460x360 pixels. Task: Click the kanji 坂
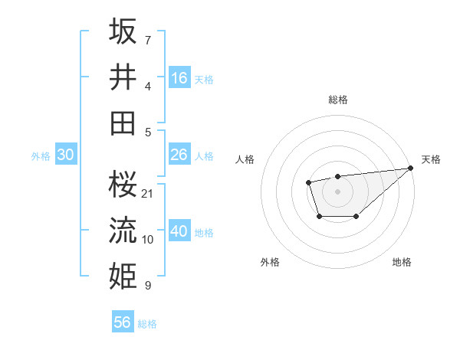tap(123, 33)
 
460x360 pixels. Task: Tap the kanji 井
tap(123, 77)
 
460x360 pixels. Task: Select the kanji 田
tap(123, 123)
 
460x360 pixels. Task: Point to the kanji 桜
tap(123, 183)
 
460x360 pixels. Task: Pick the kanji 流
tap(123, 229)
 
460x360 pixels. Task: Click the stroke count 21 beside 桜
tap(148, 193)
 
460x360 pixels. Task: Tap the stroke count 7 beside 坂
tap(148, 40)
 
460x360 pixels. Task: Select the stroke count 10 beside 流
tap(148, 240)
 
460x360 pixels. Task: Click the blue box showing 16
tap(179, 78)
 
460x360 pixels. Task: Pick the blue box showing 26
tap(179, 155)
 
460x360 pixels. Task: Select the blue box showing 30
tap(65, 155)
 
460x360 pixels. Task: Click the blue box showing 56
tap(123, 322)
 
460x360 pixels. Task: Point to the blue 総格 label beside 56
tap(147, 324)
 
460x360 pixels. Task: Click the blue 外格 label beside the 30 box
tap(41, 156)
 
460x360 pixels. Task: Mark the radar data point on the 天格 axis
tap(411, 168)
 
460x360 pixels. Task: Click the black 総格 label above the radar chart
tap(337, 100)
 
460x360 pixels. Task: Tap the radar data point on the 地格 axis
tap(356, 218)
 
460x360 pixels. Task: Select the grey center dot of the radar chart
tap(337, 191)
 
